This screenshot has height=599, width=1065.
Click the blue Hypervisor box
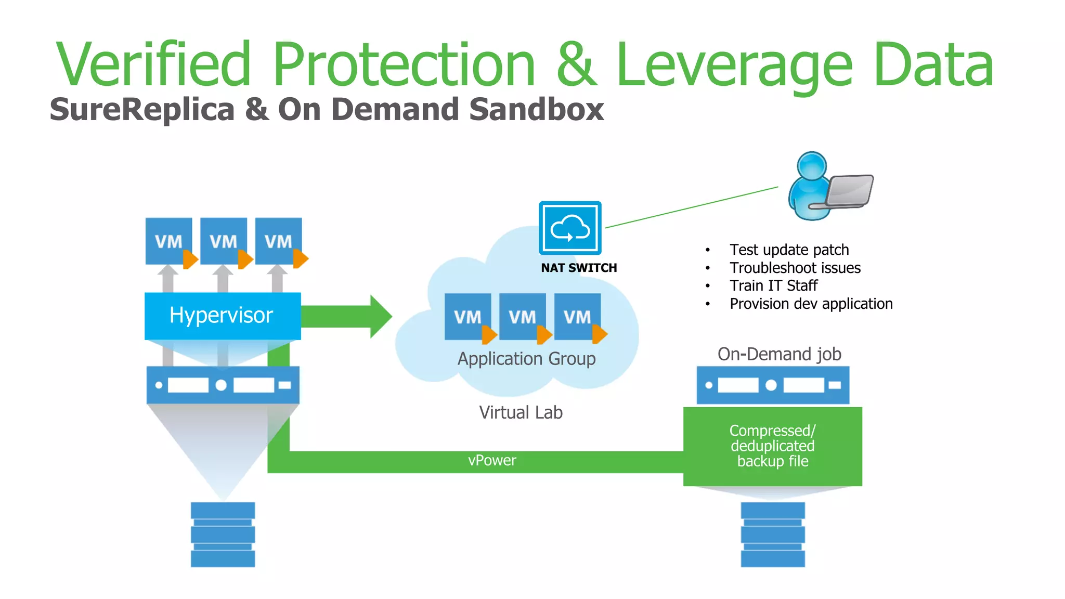click(x=223, y=316)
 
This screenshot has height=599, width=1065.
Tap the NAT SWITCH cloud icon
click(x=570, y=228)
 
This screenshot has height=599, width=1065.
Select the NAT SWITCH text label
click(x=579, y=268)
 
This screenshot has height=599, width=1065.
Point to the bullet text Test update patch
click(x=789, y=250)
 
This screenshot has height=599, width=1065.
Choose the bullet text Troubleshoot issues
click(x=795, y=268)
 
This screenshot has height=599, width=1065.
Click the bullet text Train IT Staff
click(x=773, y=285)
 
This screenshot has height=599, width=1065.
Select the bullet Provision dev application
click(x=811, y=304)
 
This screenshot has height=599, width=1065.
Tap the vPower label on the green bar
click(x=492, y=461)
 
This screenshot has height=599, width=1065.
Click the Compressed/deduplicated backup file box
click(x=772, y=446)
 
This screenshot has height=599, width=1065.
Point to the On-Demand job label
click(x=779, y=354)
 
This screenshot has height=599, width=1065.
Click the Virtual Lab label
click(x=521, y=412)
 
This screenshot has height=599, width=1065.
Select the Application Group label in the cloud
click(x=526, y=359)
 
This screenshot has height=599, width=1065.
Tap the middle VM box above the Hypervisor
click(x=224, y=241)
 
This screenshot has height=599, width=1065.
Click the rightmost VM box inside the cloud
click(x=577, y=316)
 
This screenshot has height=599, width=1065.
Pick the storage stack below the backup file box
click(x=772, y=534)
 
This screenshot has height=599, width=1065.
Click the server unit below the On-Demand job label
click(x=772, y=385)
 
